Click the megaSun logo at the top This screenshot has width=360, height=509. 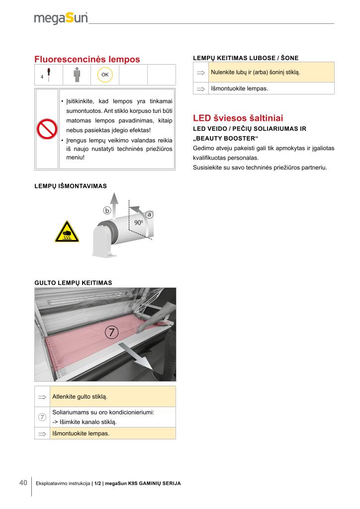[61, 18]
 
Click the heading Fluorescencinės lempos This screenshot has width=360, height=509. [87, 59]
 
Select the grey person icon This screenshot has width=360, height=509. [77, 75]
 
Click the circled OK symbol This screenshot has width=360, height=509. [105, 75]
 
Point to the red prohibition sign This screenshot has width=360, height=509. [47, 130]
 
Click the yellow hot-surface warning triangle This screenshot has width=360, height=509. [67, 231]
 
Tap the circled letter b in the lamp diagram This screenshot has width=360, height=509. [107, 210]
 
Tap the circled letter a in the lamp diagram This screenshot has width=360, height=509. [149, 214]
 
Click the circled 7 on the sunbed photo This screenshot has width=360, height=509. [112, 332]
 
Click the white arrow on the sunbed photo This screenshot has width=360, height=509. [137, 356]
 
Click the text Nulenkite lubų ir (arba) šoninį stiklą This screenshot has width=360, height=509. [256, 72]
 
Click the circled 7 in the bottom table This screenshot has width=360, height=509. [42, 417]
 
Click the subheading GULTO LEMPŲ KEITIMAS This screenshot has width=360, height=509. [73, 282]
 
